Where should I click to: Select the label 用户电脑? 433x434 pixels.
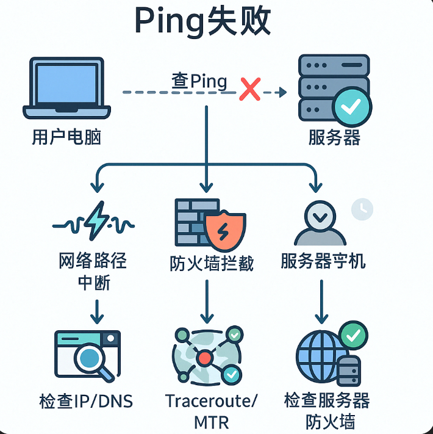tap(66, 136)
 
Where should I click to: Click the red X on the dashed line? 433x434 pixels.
tap(249, 90)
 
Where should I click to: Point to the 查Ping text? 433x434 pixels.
tap(199, 81)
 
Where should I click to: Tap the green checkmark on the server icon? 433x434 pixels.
tap(352, 107)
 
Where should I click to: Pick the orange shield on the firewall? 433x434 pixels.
tap(225, 233)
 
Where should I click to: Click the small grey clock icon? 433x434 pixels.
tap(362, 209)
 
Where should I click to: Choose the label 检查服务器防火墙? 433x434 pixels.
tap(327, 411)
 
